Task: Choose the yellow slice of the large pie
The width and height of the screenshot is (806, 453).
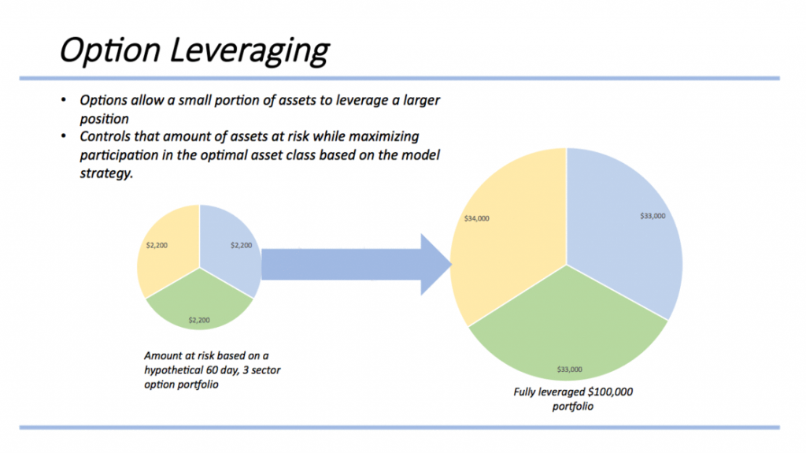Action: [504, 236]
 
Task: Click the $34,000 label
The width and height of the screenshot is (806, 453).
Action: [477, 218]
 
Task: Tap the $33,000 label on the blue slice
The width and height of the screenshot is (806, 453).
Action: [653, 215]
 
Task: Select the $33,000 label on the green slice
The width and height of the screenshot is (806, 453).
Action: [569, 369]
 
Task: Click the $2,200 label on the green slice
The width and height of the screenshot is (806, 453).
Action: [198, 320]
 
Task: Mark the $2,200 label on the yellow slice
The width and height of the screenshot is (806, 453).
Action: [157, 245]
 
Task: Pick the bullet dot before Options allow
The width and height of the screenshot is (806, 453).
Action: [63, 102]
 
